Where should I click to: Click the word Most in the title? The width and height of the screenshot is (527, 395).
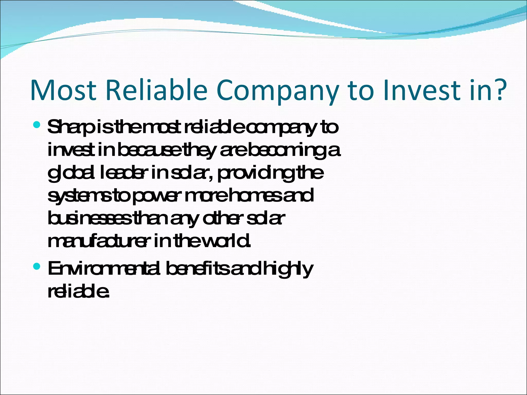pos(63,90)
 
